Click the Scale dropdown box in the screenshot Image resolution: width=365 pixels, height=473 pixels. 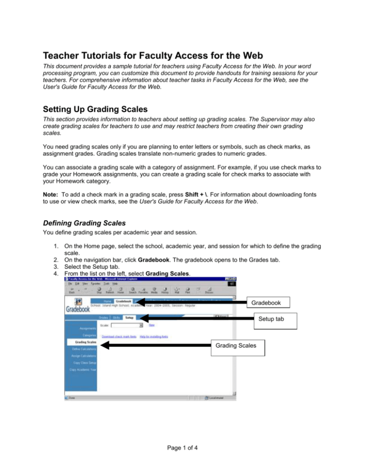pyautogui.click(x=127, y=325)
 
